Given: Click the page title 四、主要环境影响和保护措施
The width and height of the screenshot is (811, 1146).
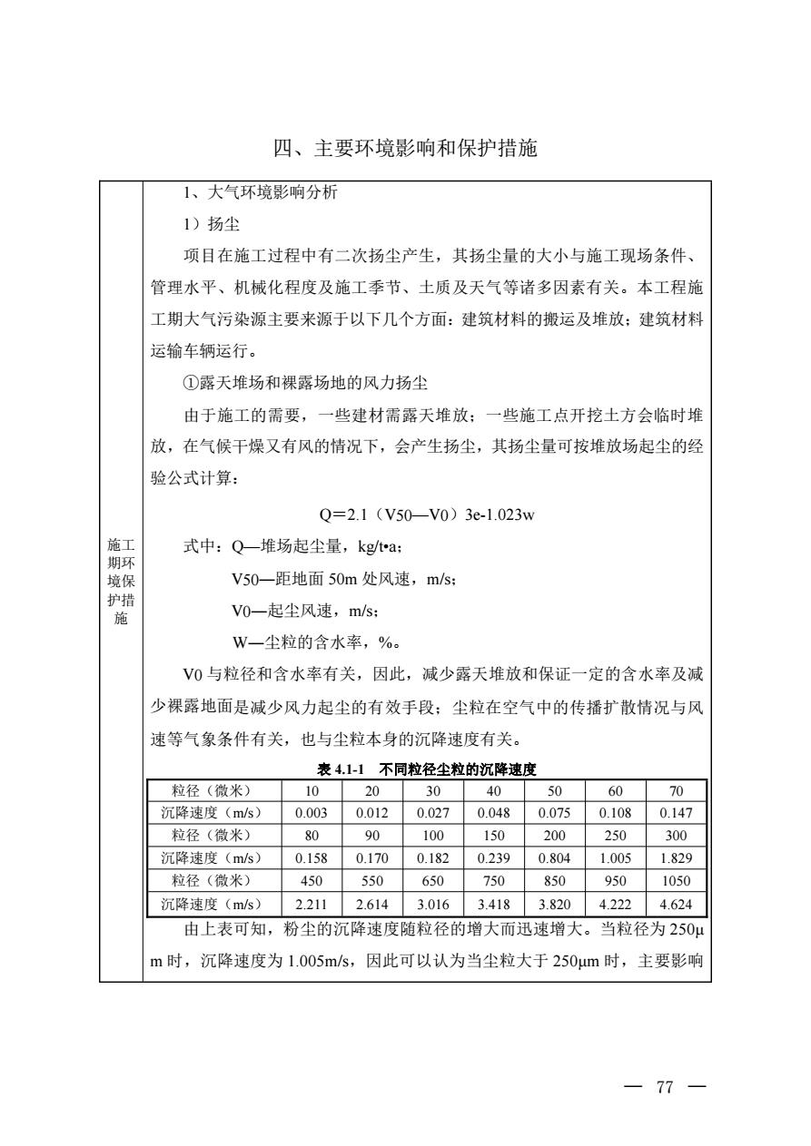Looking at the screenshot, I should coord(405,148).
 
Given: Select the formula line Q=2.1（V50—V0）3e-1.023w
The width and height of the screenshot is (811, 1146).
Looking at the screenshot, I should coord(427,515).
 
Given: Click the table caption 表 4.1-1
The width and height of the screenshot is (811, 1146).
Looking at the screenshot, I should coord(338,769).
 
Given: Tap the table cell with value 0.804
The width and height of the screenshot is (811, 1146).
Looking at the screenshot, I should coord(554,857).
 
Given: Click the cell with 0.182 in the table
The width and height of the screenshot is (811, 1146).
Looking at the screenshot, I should coord(432,857).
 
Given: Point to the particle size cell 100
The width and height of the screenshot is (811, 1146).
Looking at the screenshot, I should coord(432,833).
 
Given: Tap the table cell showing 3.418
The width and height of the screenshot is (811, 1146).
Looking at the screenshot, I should coord(493,904).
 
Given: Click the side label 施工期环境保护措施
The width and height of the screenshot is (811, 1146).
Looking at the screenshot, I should coord(120,582).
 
